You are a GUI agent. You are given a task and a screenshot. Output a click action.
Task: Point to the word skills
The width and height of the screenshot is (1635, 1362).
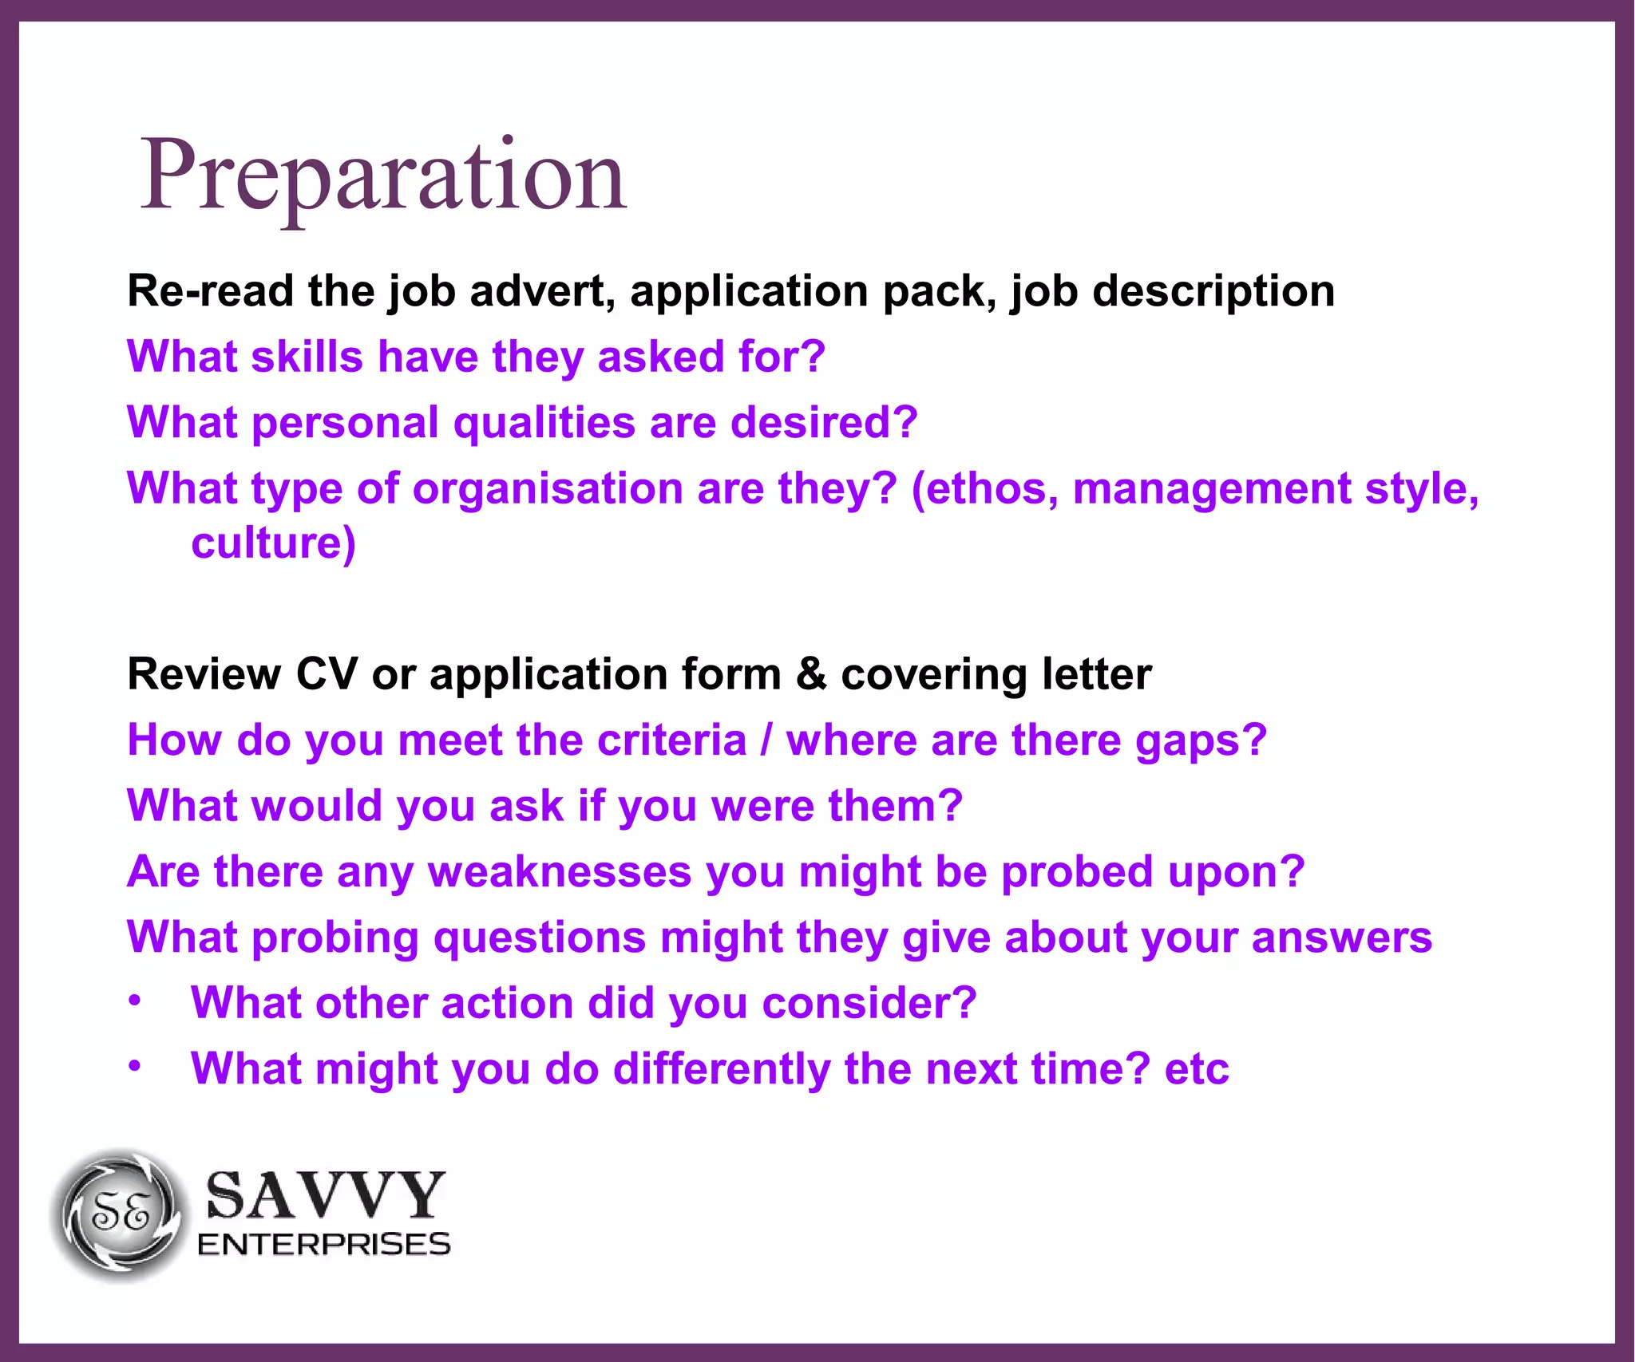[x=307, y=357]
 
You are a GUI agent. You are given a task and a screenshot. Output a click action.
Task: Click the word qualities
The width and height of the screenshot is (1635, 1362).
[x=544, y=423]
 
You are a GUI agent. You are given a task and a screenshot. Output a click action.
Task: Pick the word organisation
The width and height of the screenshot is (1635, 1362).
[x=548, y=488]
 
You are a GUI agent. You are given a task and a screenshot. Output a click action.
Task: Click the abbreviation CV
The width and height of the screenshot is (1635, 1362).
[x=327, y=674]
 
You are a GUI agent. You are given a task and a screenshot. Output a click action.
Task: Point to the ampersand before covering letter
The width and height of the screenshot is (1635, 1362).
[x=811, y=674]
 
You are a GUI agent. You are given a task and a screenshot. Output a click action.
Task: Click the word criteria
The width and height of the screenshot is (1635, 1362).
[x=671, y=740]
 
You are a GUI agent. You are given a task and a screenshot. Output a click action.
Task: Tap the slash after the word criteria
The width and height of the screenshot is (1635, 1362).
[x=766, y=740]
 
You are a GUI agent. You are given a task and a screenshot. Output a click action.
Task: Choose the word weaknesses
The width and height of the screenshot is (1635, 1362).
[x=560, y=871]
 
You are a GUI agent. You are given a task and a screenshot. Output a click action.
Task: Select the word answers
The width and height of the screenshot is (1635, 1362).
[x=1342, y=938]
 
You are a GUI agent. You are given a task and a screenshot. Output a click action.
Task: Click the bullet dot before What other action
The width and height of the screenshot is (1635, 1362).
[x=136, y=1001]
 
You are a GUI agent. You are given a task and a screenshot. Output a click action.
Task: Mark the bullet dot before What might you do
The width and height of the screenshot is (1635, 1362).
[x=136, y=1066]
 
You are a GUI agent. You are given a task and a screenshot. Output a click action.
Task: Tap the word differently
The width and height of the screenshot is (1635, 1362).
[x=722, y=1069]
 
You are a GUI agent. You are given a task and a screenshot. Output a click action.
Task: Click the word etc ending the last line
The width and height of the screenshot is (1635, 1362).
[x=1197, y=1069]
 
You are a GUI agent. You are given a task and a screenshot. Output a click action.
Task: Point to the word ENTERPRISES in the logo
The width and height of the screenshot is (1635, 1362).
[x=324, y=1245]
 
